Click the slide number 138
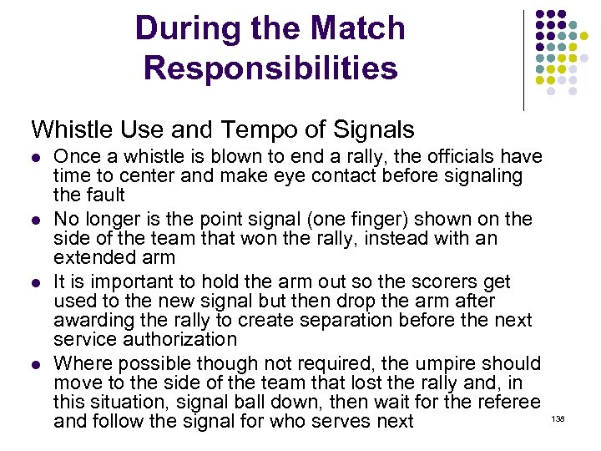pyautogui.click(x=558, y=418)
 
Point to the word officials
pyautogui.click(x=466, y=156)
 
